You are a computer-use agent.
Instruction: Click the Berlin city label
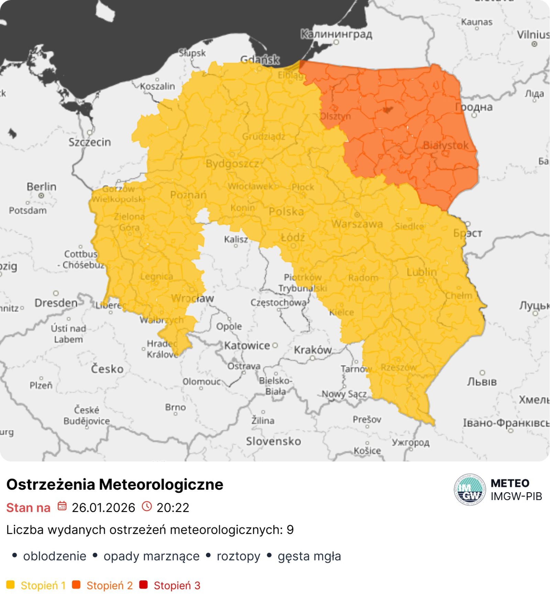[x=42, y=187]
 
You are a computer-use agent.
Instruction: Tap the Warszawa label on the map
[x=357, y=224]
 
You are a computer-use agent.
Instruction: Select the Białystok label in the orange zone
[x=445, y=145]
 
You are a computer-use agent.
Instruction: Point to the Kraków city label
[x=312, y=350]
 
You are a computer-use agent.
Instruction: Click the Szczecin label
[x=90, y=142]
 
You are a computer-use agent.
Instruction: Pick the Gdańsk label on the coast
[x=260, y=60]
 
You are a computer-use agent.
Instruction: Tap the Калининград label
[x=336, y=34]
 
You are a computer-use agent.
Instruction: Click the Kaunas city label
[x=476, y=22]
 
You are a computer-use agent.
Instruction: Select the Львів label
[x=482, y=381]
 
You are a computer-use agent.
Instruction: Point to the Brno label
[x=175, y=407]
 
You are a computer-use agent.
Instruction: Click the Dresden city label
[x=56, y=303]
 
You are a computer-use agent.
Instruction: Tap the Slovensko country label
[x=273, y=441]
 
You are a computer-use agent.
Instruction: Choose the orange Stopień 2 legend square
[x=76, y=585]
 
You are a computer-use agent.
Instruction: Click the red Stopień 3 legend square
[x=144, y=585]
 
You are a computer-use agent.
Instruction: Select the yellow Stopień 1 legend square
[x=11, y=585]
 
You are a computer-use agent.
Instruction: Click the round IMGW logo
[x=470, y=489]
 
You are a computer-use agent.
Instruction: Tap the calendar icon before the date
[x=62, y=506]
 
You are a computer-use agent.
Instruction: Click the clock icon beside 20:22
[x=147, y=506]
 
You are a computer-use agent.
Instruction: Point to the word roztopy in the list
[x=238, y=556]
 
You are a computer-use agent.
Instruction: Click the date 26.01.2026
[x=103, y=508]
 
